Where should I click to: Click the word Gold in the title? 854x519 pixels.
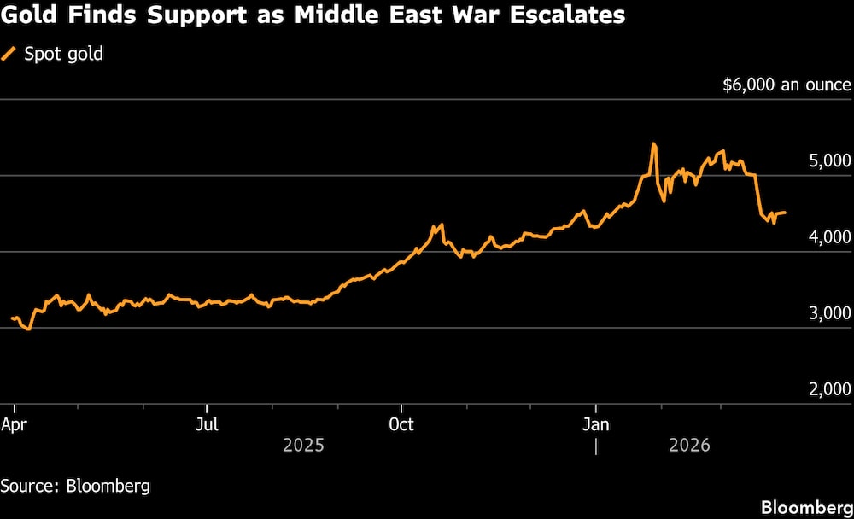(x=27, y=15)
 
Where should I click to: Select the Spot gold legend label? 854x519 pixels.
(x=63, y=54)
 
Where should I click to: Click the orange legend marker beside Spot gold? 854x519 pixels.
(x=9, y=54)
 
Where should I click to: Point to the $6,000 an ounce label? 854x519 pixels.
(x=787, y=85)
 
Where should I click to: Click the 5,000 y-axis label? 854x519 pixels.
(x=829, y=160)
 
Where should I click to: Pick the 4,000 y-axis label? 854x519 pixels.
(x=829, y=236)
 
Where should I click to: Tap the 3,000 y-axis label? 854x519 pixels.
(x=829, y=313)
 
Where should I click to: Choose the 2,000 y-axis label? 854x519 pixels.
(x=829, y=389)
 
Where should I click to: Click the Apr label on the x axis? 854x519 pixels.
(x=15, y=424)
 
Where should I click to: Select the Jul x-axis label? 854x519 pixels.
(x=207, y=424)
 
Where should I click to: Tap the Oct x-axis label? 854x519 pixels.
(x=401, y=424)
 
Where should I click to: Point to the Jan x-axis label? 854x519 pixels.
(x=595, y=424)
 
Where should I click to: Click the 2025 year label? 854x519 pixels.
(x=303, y=445)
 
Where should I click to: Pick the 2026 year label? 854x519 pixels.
(x=688, y=445)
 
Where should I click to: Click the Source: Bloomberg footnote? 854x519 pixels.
(x=75, y=486)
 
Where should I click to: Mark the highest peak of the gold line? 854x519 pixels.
(x=653, y=143)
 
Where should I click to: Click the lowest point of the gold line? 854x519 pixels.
(x=30, y=329)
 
